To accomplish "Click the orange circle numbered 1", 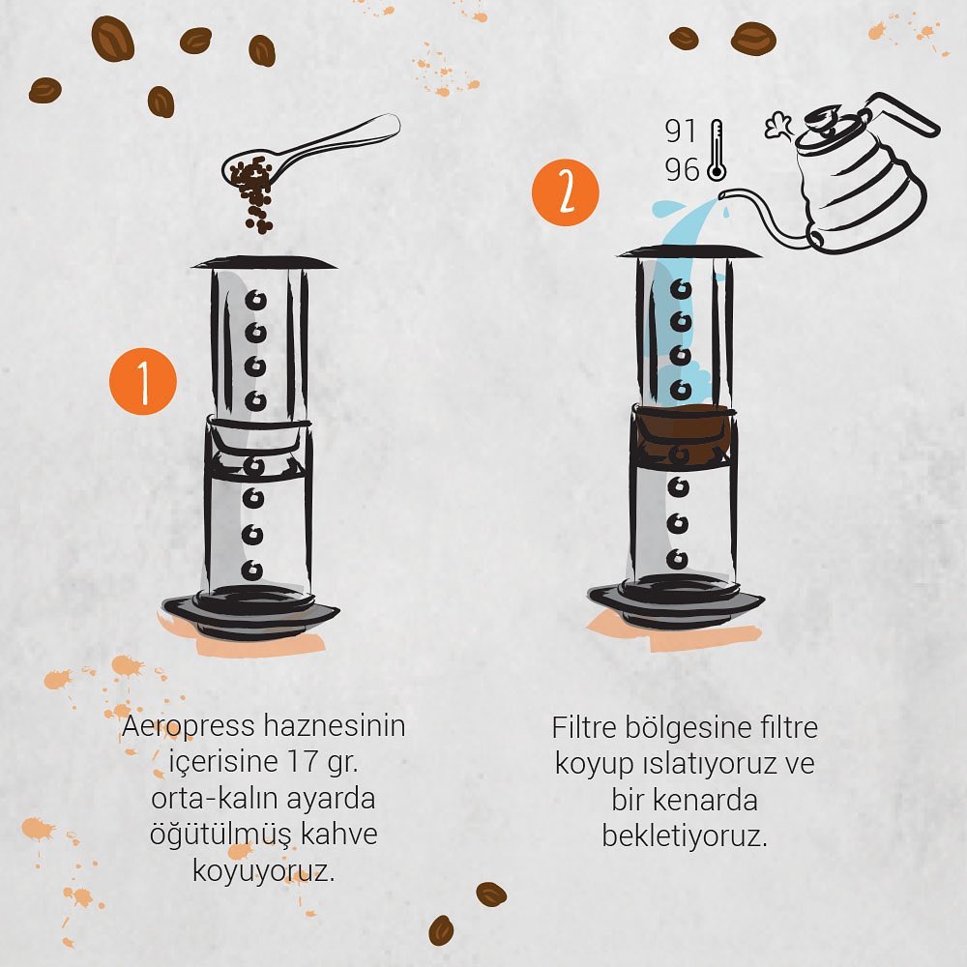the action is coord(143,381).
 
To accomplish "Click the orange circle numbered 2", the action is coord(566,191).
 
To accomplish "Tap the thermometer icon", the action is coord(716,150).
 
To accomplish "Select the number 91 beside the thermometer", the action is coord(681,131).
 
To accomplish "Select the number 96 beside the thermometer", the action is coord(682,169).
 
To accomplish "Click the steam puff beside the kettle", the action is coord(780,127).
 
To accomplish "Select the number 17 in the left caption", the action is coord(302,761).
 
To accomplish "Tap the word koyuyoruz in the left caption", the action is coord(264,871).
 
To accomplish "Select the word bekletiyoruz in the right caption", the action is coord(685,836).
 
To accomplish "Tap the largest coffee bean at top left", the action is coord(113,39).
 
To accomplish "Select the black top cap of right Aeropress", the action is coord(689,251).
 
